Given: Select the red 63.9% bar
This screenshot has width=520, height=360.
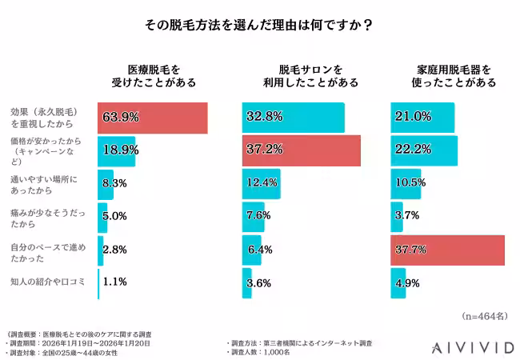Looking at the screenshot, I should tap(152, 118).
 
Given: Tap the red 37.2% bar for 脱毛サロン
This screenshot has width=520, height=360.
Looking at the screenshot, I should tap(301, 150).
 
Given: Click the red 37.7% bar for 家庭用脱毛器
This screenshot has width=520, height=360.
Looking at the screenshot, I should tap(447, 250).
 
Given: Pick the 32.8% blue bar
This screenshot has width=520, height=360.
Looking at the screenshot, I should tap(293, 118).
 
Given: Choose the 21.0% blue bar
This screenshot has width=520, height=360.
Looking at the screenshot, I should tap(422, 118).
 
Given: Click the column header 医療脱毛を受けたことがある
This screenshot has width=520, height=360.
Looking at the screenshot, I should tap(149, 75).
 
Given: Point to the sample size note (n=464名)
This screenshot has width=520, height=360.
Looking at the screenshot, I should tap(485, 317).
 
